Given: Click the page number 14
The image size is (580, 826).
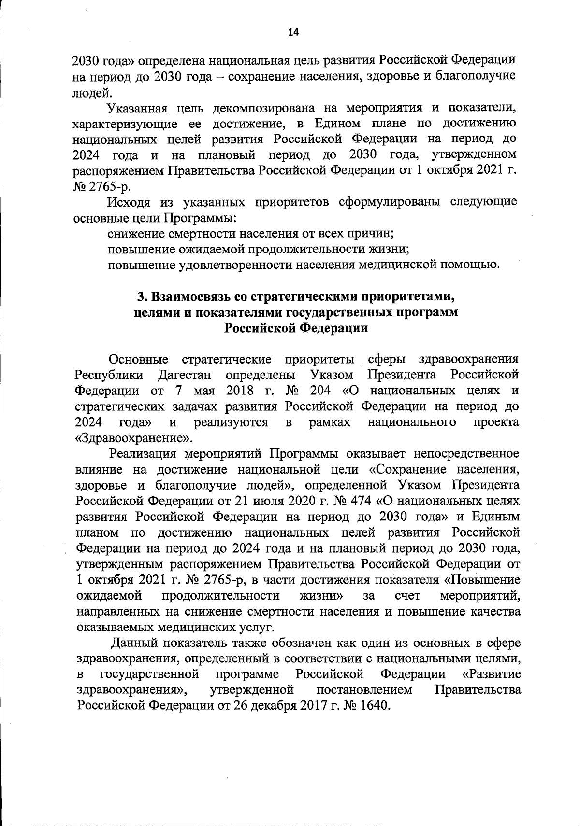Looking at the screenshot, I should pos(293,32).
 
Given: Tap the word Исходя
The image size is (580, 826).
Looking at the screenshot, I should pos(129,202).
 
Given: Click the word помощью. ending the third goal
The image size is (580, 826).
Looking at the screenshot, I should pos(468,265).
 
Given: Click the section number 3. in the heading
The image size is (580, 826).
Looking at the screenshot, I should pos(142,296).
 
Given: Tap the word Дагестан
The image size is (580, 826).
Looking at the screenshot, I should pos(187,375).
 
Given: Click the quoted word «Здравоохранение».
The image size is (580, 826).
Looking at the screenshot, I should pos(134,438).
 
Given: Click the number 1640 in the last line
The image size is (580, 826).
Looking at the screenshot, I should pos(371,705).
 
